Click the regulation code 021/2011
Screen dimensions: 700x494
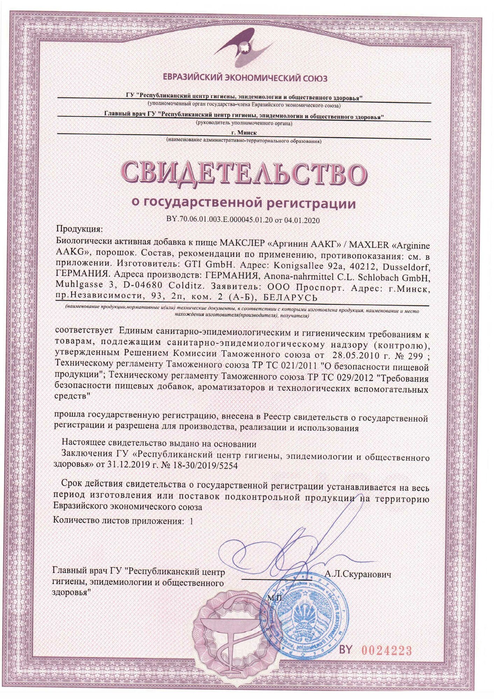point(304,365)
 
